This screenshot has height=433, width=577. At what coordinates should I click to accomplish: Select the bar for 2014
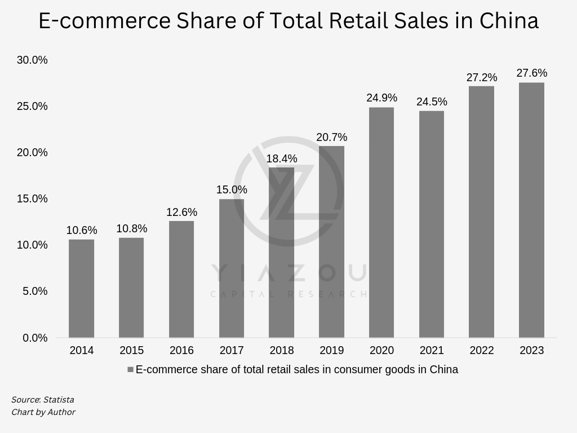point(81,289)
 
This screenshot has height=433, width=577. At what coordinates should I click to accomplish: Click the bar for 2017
point(232,268)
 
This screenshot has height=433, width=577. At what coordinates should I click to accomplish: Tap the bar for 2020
point(381,223)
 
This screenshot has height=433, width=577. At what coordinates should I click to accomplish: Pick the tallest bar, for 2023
point(531,210)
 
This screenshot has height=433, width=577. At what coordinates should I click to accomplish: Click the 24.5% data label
point(432,102)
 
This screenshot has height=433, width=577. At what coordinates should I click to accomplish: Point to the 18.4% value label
point(282,159)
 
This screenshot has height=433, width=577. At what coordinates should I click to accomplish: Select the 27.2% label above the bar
point(482,78)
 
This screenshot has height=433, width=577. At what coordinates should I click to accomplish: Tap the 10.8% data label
point(132,229)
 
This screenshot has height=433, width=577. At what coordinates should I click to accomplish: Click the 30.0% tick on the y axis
point(32,60)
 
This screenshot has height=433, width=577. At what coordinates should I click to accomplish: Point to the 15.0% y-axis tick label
point(32,199)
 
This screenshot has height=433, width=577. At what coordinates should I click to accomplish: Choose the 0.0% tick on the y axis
point(35,338)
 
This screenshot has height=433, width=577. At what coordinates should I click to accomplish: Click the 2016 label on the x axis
point(181,351)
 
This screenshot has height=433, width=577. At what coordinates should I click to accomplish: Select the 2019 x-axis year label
point(331,351)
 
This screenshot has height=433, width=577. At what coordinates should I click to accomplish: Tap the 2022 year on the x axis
point(482,351)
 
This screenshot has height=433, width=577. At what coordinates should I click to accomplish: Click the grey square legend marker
point(130,370)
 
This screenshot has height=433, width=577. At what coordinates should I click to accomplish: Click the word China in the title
point(509,21)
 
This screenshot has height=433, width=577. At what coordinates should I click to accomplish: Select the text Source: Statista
point(43,400)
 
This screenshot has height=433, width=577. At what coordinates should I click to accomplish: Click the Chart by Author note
point(43,412)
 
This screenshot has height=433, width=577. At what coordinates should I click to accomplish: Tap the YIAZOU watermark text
point(288,273)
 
